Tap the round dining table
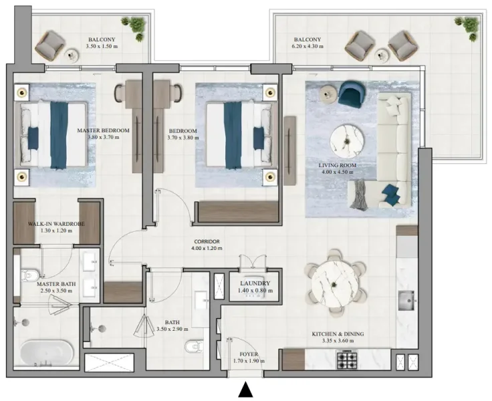(335, 281)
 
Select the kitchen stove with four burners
(346, 360)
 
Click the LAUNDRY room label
(254, 283)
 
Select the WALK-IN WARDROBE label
(55, 224)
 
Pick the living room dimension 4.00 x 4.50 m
(338, 172)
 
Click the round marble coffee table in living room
(347, 139)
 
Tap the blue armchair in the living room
(352, 94)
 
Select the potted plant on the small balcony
(138, 27)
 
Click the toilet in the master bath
(29, 276)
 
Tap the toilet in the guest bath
(193, 347)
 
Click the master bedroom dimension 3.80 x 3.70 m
(102, 137)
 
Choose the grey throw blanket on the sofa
(360, 194)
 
